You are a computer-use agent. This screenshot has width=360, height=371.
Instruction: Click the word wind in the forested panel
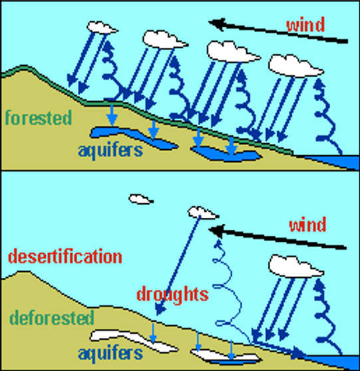[305, 25]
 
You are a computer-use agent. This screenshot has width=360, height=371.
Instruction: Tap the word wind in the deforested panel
[307, 224]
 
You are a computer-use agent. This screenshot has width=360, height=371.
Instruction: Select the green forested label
[39, 117]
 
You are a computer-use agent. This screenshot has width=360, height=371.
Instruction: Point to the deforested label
[52, 317]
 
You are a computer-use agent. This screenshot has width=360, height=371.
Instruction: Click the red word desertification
[65, 256]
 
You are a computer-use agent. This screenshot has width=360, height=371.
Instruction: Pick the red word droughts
[172, 294]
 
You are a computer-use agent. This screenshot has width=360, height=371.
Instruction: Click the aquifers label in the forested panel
[110, 151]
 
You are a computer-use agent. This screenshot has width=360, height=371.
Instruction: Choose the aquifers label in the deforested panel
[110, 353]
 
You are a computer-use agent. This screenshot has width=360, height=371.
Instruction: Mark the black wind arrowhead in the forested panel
[216, 24]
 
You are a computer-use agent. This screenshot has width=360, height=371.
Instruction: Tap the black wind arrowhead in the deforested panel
[216, 230]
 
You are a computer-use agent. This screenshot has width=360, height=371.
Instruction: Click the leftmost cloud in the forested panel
[102, 27]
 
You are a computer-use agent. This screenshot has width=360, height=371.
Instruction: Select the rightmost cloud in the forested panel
[295, 66]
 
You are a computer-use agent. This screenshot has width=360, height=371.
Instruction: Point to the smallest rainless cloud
[141, 199]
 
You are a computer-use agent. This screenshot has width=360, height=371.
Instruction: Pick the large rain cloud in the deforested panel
[295, 266]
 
